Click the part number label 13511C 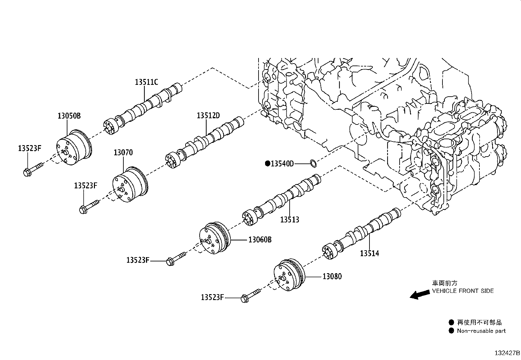[146, 82]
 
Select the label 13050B [69, 116]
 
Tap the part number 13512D [208, 116]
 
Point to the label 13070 [123, 153]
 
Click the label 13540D [282, 164]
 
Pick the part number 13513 [290, 219]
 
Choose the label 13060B [260, 239]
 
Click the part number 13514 [369, 253]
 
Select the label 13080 [332, 276]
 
